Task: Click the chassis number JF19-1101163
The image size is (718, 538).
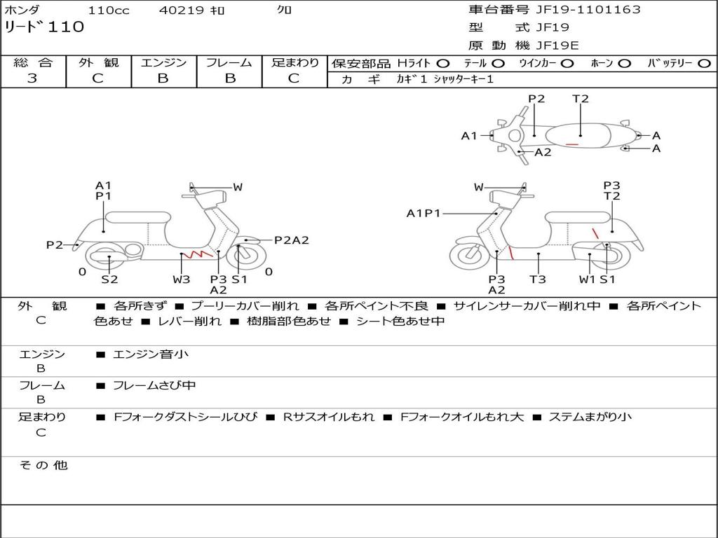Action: (x=588, y=10)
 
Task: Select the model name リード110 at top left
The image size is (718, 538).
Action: (x=44, y=27)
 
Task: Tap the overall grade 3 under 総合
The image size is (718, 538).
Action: (x=32, y=78)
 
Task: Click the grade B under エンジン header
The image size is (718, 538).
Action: (x=163, y=78)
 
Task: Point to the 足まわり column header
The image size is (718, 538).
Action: (x=295, y=62)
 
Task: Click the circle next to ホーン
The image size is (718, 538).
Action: (x=625, y=64)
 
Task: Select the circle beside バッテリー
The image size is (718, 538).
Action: (x=704, y=64)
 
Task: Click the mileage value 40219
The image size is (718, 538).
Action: (x=181, y=10)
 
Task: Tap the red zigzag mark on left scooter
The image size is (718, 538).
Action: (x=198, y=253)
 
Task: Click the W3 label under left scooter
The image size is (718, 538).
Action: (x=182, y=279)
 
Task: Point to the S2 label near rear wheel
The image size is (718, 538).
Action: (x=109, y=279)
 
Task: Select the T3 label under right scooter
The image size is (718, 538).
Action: (x=538, y=279)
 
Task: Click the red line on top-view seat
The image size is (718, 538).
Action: (x=571, y=144)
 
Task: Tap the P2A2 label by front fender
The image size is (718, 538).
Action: (x=292, y=240)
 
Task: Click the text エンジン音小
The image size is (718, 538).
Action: (x=151, y=354)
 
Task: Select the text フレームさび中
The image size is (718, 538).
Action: (x=154, y=386)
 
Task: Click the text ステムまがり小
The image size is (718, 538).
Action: (x=590, y=417)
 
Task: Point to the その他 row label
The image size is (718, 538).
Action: (x=43, y=465)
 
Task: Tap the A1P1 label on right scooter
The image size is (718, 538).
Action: (x=424, y=213)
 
